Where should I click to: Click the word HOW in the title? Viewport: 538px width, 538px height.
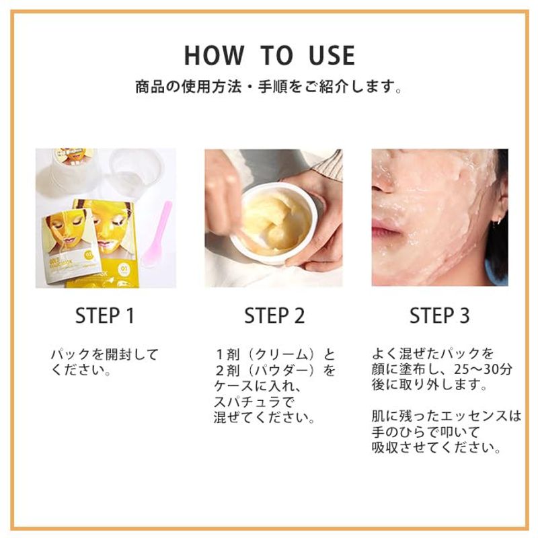[x=214, y=55]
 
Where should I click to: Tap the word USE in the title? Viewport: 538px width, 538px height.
[x=332, y=55]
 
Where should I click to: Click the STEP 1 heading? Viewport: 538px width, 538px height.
[x=105, y=315]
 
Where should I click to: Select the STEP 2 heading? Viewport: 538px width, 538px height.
[x=274, y=315]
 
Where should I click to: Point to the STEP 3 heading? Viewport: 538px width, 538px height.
[x=440, y=315]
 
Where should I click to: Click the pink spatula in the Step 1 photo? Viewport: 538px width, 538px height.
[x=157, y=234]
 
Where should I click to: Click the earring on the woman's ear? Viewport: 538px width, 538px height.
[x=495, y=223]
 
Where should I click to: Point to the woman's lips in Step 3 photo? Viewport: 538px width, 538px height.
[x=386, y=229]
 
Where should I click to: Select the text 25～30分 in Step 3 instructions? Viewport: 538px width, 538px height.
[x=483, y=369]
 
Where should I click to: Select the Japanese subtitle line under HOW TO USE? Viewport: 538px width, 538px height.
[x=268, y=87]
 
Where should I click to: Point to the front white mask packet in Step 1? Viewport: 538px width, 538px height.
[x=71, y=245]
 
